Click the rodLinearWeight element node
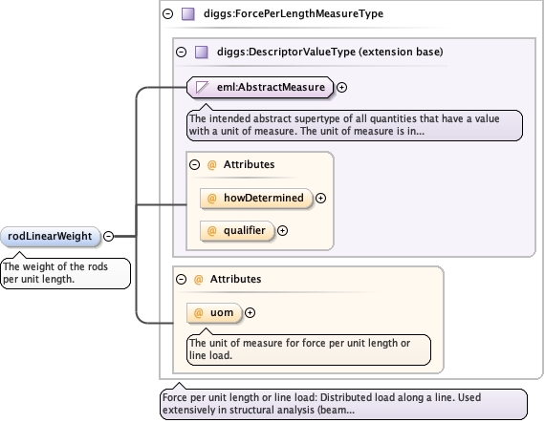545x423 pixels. pyautogui.click(x=51, y=236)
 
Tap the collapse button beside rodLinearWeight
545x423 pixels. pyautogui.click(x=109, y=236)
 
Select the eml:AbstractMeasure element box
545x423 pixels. pyautogui.click(x=260, y=87)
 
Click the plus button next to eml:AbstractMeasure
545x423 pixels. pyautogui.click(x=342, y=88)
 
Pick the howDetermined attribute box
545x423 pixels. pyautogui.click(x=256, y=199)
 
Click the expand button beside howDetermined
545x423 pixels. pyautogui.click(x=320, y=199)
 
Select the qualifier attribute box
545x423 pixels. pyautogui.click(x=237, y=231)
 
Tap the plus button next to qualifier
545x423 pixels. pyautogui.click(x=282, y=231)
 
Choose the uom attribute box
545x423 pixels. pyautogui.click(x=214, y=313)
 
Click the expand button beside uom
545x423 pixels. pyautogui.click(x=250, y=313)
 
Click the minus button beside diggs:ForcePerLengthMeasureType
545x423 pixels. pyautogui.click(x=168, y=14)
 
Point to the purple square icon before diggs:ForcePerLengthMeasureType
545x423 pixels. pyautogui.click(x=188, y=14)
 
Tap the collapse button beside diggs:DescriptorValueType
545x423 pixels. pyautogui.click(x=181, y=53)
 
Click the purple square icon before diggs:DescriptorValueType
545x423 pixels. pyautogui.click(x=202, y=53)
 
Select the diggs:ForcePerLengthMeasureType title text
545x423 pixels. pyautogui.click(x=294, y=14)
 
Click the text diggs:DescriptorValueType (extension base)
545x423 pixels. pyautogui.click(x=330, y=53)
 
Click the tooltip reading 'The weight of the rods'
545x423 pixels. pyautogui.click(x=66, y=273)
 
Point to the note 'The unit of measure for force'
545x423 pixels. pyautogui.click(x=309, y=349)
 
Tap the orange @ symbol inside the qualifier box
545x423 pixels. pyautogui.click(x=211, y=231)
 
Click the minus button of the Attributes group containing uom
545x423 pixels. pyautogui.click(x=181, y=280)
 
